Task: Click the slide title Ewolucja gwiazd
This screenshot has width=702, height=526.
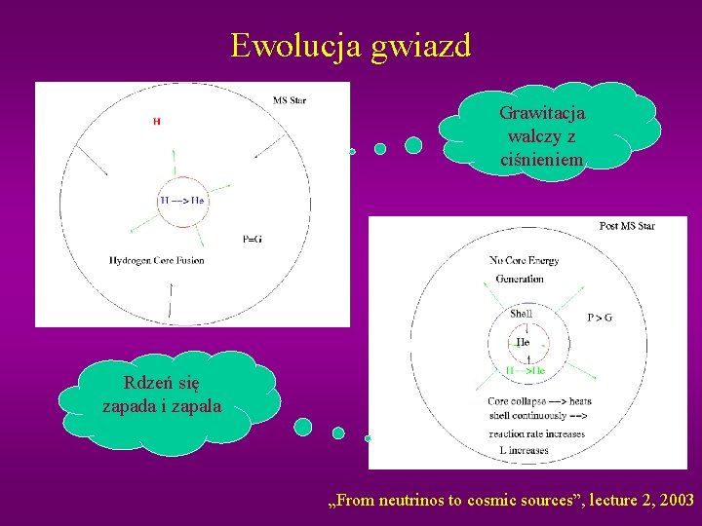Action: point(350,45)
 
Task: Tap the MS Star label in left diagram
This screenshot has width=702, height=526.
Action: point(290,100)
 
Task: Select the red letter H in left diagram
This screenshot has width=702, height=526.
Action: point(156,122)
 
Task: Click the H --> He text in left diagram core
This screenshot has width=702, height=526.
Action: point(182,201)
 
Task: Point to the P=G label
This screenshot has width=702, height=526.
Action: point(252,240)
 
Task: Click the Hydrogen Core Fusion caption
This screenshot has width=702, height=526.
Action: point(157,260)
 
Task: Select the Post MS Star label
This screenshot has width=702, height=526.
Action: point(626,226)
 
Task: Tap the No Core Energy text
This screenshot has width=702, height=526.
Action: point(524,261)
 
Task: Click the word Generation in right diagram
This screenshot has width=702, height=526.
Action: point(519,279)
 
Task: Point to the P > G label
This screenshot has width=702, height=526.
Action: point(599,318)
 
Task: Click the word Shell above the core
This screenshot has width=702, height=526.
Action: point(522,314)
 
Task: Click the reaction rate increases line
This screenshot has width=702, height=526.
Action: point(536,433)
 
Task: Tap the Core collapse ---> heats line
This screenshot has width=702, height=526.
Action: point(539,401)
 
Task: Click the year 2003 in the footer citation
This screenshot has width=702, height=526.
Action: point(676,501)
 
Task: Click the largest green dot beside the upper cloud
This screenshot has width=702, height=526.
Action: point(413,145)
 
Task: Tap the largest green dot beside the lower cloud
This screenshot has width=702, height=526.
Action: point(303,427)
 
